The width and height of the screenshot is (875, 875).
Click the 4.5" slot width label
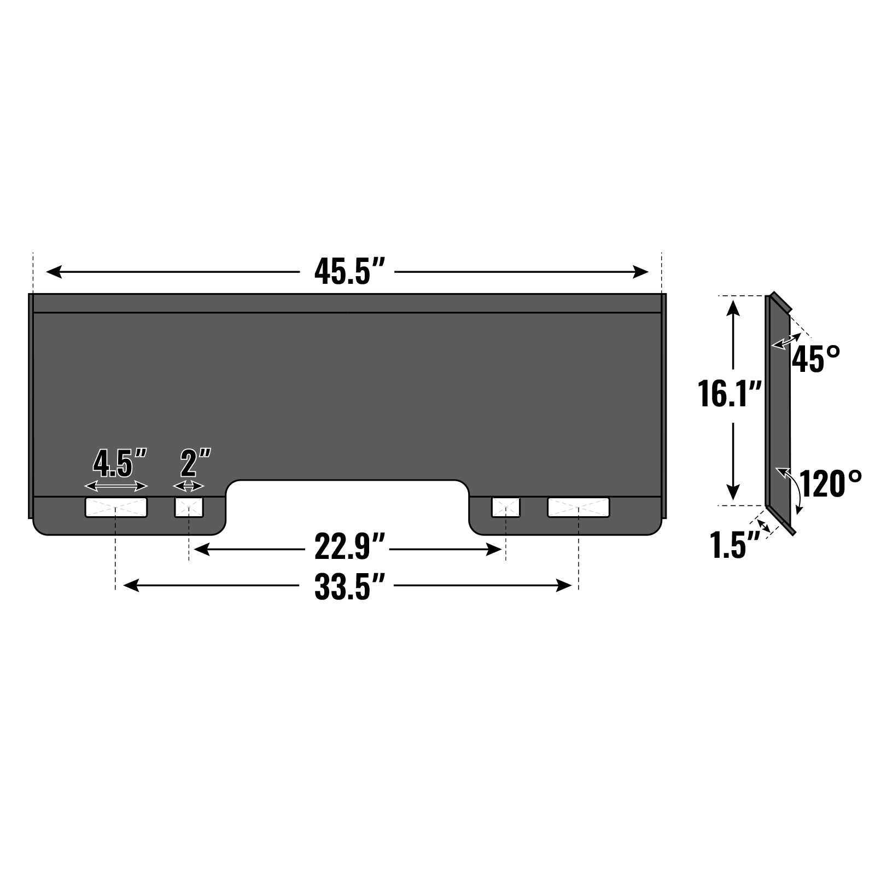[x=120, y=462]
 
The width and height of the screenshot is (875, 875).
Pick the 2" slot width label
[x=195, y=462]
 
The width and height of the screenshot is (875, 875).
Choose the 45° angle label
[x=816, y=359]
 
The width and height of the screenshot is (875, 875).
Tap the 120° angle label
[x=830, y=483]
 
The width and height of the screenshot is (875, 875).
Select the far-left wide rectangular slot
[x=116, y=507]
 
